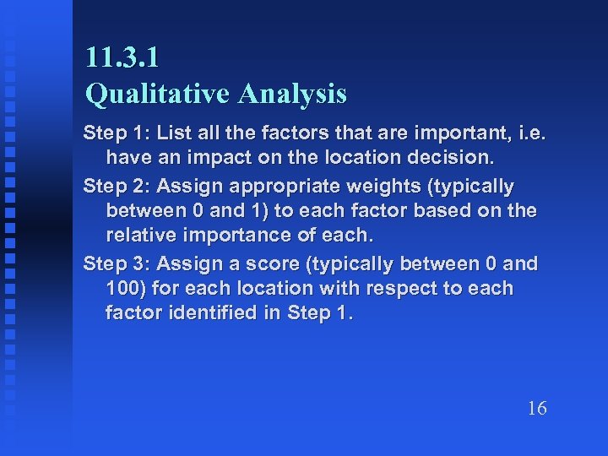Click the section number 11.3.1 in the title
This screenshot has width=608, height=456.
122,57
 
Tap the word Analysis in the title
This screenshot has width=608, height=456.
292,94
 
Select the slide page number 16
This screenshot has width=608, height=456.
537,409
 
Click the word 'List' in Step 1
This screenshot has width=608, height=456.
169,133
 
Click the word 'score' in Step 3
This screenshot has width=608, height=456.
274,263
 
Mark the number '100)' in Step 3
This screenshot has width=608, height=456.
126,288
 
